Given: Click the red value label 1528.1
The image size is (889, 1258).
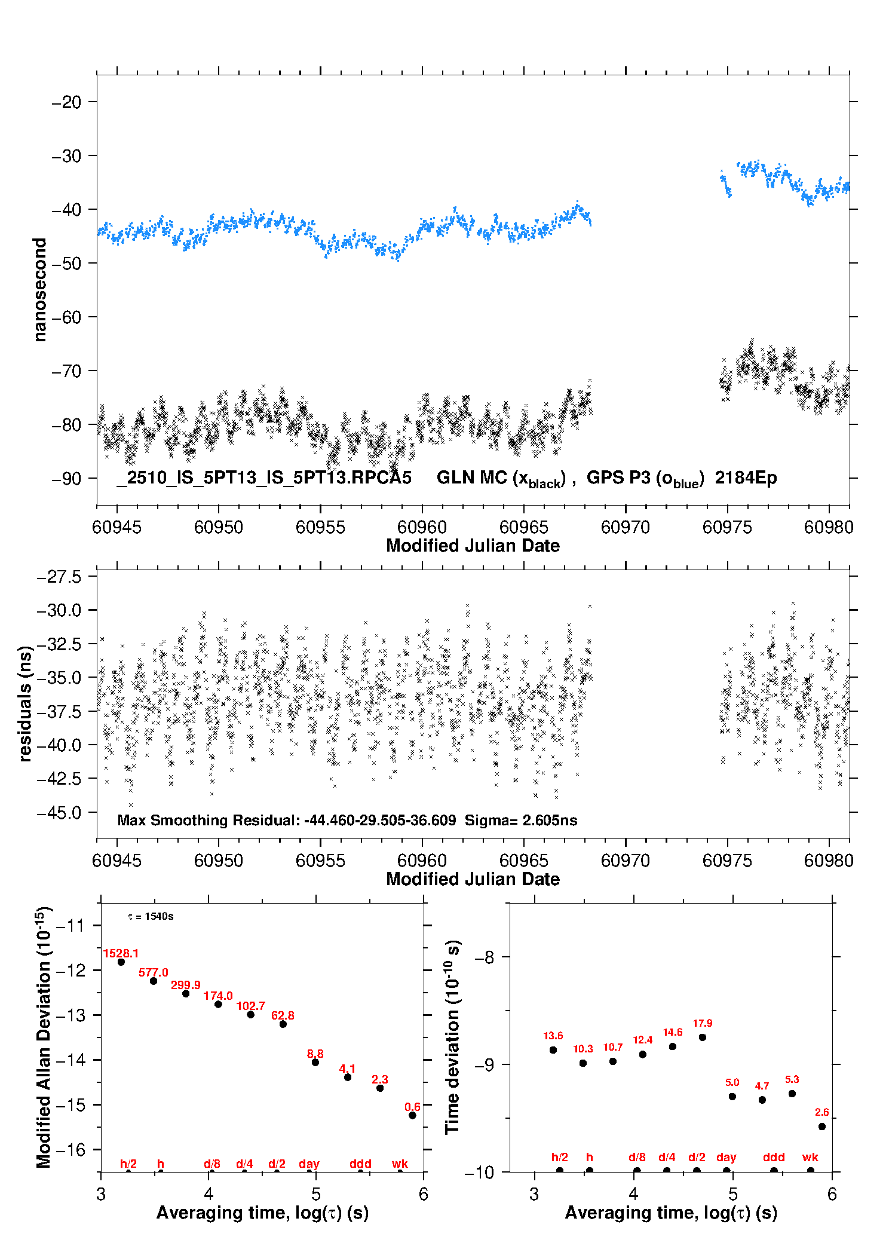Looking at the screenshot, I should [121, 953].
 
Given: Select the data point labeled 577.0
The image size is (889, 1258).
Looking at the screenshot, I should [154, 981].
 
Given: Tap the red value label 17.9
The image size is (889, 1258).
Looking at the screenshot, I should [703, 1023].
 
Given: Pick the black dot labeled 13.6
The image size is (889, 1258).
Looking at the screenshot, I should [553, 1050].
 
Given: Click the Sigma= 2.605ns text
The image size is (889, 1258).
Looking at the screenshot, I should [521, 820].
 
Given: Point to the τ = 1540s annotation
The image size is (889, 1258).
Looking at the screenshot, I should [151, 916].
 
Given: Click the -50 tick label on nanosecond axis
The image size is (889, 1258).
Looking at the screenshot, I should [66, 264].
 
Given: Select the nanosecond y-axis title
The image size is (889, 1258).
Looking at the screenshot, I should [39, 289].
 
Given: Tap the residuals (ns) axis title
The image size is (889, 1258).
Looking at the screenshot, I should [25, 703].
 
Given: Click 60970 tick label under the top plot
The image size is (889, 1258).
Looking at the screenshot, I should [626, 527].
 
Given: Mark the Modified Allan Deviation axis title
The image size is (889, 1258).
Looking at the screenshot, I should [44, 1037].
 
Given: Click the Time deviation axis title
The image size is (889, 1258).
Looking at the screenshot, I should [452, 1037].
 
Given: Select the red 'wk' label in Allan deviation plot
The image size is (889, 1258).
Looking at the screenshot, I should [400, 1164].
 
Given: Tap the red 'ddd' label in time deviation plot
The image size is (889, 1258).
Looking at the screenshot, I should [774, 1157].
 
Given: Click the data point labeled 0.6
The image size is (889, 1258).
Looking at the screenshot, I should [412, 1115].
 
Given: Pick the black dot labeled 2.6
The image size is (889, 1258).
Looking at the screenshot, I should [822, 1127].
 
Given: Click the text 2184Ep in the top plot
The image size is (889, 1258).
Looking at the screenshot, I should [746, 478].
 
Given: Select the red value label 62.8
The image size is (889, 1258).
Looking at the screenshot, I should [283, 1015].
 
